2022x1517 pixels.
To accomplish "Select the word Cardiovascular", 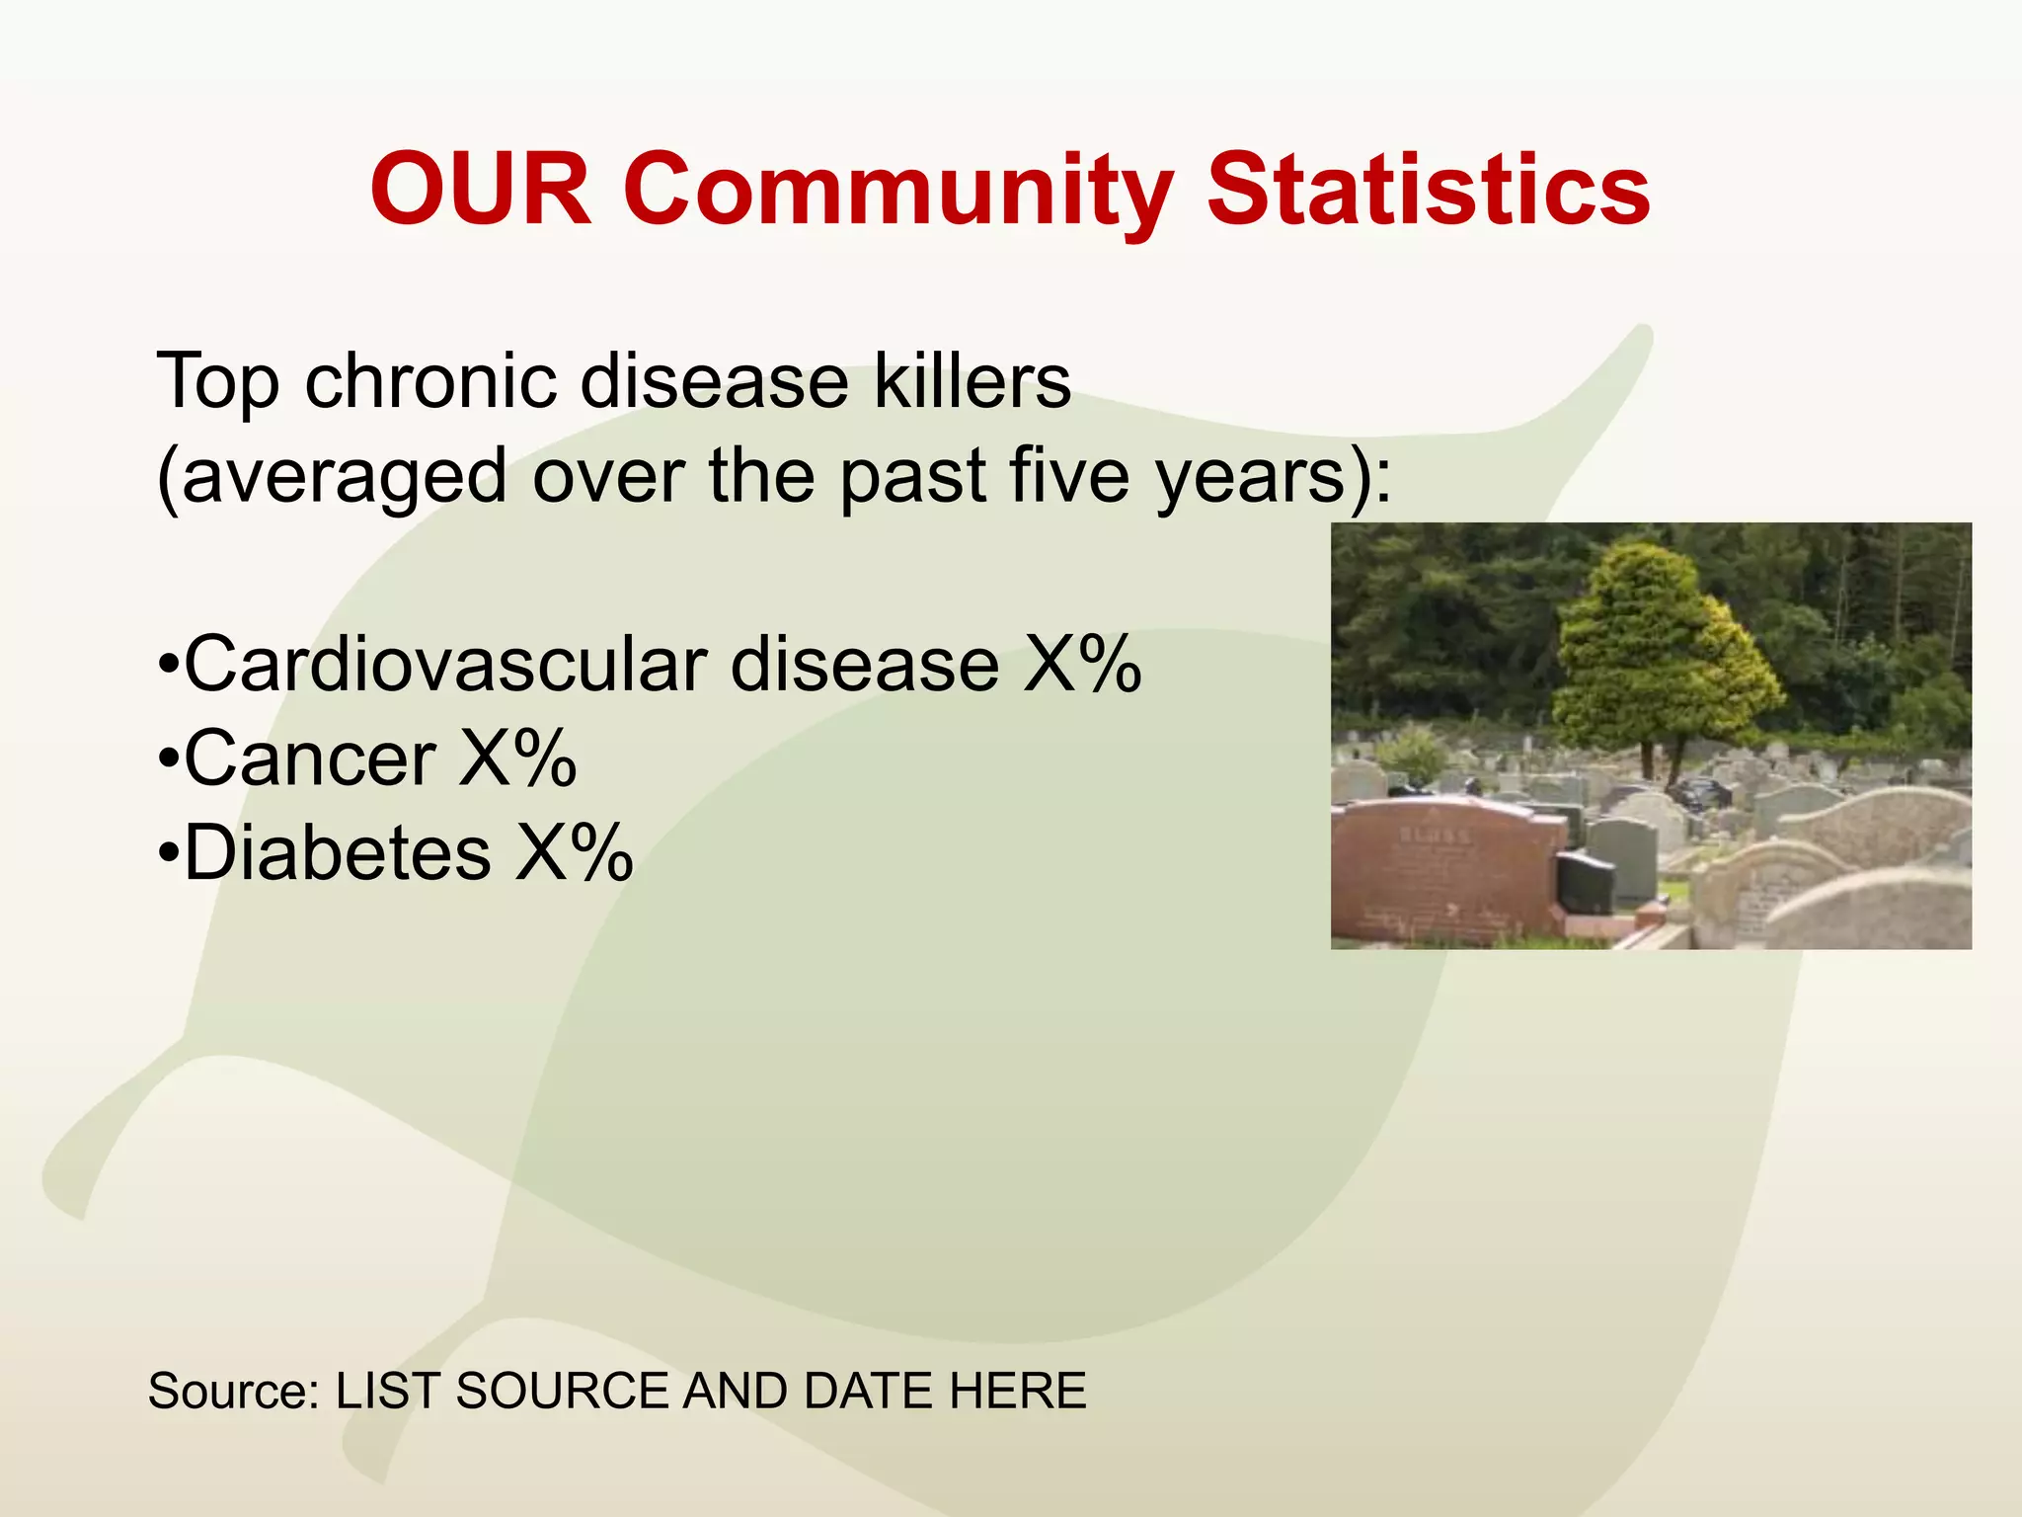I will [444, 664].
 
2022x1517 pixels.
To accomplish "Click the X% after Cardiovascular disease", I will [1082, 664].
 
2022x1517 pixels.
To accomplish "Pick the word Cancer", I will [310, 758].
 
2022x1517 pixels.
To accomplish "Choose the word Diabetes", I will [337, 853].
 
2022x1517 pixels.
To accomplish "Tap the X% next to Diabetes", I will [574, 853].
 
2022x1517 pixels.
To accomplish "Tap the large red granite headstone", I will [1441, 869].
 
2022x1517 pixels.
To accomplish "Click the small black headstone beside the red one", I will [1584, 882].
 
